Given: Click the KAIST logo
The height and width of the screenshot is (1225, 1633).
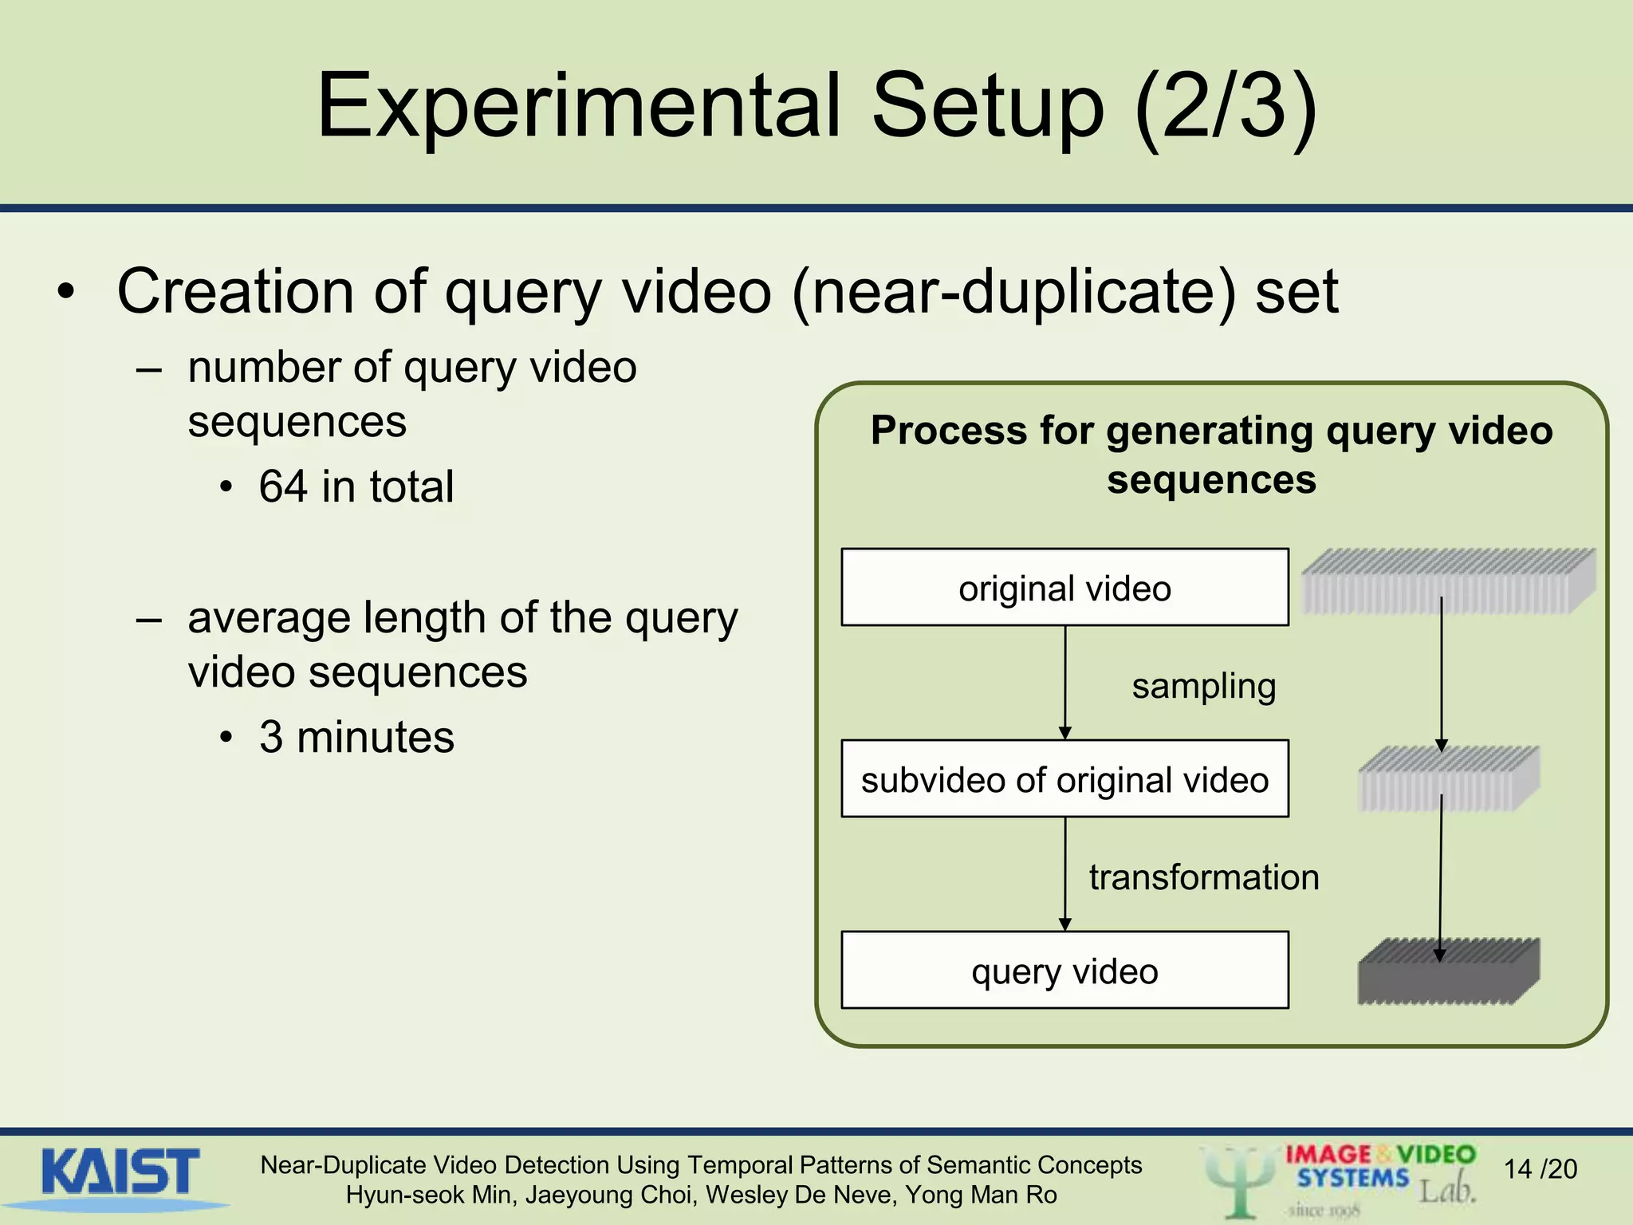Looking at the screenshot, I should click(120, 1173).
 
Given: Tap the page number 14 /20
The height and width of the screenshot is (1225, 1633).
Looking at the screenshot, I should click(1540, 1169).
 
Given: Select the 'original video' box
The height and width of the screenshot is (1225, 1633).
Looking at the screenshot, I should click(1064, 588).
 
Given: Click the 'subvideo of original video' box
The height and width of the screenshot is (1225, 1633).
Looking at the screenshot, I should click(1064, 779).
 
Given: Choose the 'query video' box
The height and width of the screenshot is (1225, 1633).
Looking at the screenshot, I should click(1064, 971).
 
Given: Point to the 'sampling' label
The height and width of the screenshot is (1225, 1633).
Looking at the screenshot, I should click(1203, 687).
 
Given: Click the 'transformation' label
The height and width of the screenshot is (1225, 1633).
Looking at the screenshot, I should click(1204, 877).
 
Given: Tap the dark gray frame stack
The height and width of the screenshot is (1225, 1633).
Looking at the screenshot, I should click(1448, 971).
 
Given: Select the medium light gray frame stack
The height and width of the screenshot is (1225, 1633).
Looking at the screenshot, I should click(1448, 779).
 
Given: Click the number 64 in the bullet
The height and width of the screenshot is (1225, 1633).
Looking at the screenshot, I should click(283, 486).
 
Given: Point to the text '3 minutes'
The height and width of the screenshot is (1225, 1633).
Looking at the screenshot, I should click(356, 737).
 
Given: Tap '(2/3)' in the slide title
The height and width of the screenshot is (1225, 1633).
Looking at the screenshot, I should click(1226, 108).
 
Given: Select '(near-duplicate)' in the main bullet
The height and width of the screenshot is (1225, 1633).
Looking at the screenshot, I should click(1014, 292).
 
